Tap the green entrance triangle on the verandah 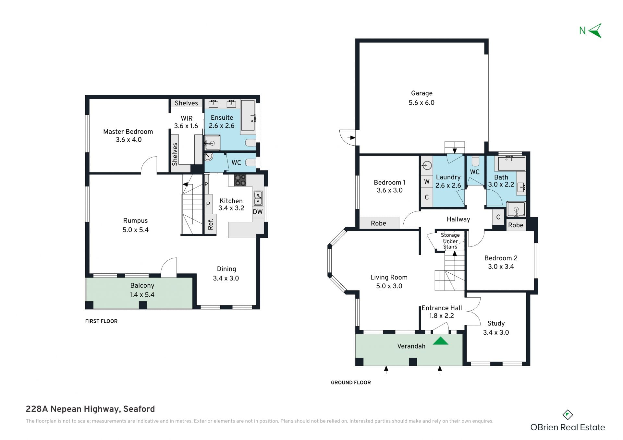coord(440,341)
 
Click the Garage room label coord(421,93)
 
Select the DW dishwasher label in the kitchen coord(258,212)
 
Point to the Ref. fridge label coord(211,224)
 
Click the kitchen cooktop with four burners coord(240,180)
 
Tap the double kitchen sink coord(258,198)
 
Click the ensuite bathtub coord(248,115)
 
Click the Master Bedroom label coord(128,132)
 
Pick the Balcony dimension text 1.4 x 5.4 coord(142,295)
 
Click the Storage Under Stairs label coord(450,241)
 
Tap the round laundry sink coord(427,166)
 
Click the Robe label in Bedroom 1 coord(378,223)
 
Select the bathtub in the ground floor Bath coord(511,164)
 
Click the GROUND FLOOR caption coord(351,383)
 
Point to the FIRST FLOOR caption coord(101,321)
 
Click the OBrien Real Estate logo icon coord(568,415)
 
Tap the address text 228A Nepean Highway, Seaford coord(90,409)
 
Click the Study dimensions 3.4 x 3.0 coord(496,332)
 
